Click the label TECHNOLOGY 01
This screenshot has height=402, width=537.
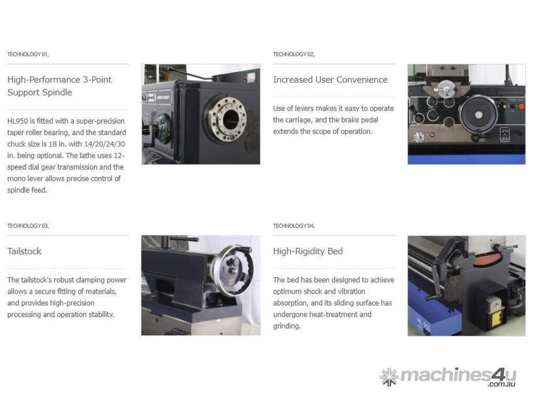pyautogui.click(x=28, y=54)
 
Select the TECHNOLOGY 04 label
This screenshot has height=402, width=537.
pyautogui.click(x=294, y=226)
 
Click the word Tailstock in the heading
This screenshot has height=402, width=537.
pyautogui.click(x=24, y=251)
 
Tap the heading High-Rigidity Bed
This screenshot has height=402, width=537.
pyautogui.click(x=308, y=251)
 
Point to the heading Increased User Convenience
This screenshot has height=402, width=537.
pyautogui.click(x=330, y=80)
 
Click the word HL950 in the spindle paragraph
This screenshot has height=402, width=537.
pyautogui.click(x=17, y=121)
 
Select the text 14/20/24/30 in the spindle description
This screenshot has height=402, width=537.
pyautogui.click(x=105, y=144)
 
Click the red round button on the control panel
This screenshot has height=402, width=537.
pyautogui.click(x=521, y=107)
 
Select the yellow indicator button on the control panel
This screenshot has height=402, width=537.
pyautogui.click(x=504, y=107)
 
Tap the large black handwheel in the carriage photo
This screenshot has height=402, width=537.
pyautogui.click(x=478, y=114)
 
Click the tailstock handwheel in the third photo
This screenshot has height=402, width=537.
pyautogui.click(x=232, y=270)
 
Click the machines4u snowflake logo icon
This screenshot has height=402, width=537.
pyautogui.click(x=389, y=377)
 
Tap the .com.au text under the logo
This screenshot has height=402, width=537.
pyautogui.click(x=502, y=384)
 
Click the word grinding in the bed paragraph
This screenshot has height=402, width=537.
pyautogui.click(x=287, y=326)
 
